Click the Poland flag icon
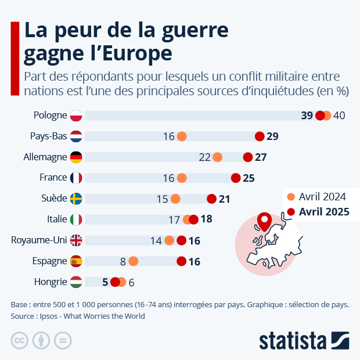click(x=76, y=115)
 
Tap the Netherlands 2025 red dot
click(x=260, y=136)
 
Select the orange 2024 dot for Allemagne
click(x=218, y=157)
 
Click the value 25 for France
click(x=249, y=178)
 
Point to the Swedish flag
click(x=76, y=199)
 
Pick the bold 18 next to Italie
click(x=206, y=219)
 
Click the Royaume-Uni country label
click(x=39, y=240)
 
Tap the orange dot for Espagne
click(x=134, y=261)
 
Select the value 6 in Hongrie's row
click(x=131, y=282)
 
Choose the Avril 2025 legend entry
click(x=323, y=211)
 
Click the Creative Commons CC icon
click(x=20, y=340)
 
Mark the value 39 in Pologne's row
click(x=307, y=115)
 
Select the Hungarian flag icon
click(x=76, y=282)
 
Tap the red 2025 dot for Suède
click(x=212, y=199)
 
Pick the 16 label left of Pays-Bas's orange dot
click(x=168, y=136)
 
